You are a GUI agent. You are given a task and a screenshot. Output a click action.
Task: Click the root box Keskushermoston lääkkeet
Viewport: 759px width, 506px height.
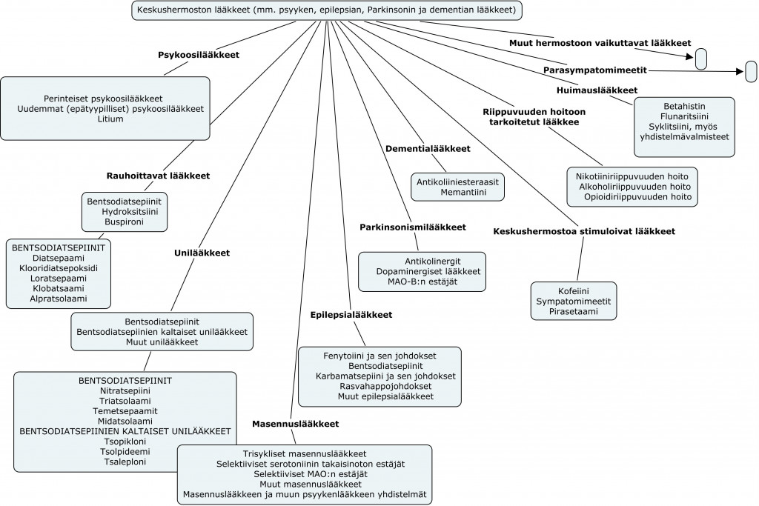327,10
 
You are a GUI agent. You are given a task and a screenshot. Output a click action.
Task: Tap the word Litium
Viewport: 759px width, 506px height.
110,119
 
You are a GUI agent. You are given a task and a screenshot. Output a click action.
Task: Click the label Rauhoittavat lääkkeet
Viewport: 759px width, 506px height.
159,176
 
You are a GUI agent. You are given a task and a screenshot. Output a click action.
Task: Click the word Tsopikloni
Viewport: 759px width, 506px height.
125,442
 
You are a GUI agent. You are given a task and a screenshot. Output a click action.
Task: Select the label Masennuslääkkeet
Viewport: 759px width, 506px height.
295,425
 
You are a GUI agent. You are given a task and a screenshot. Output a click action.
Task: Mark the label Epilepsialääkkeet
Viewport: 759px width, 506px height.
351,315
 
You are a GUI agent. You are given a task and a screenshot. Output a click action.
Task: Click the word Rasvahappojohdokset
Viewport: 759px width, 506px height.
379,386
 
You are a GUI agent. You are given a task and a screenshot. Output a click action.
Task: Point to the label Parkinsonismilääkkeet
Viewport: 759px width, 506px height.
413,227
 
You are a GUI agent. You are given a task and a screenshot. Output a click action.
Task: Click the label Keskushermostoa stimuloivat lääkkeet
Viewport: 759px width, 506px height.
584,231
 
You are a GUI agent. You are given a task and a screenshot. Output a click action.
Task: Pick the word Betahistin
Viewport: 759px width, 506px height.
683,105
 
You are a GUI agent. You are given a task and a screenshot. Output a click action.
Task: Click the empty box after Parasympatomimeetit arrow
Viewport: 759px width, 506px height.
751,72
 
